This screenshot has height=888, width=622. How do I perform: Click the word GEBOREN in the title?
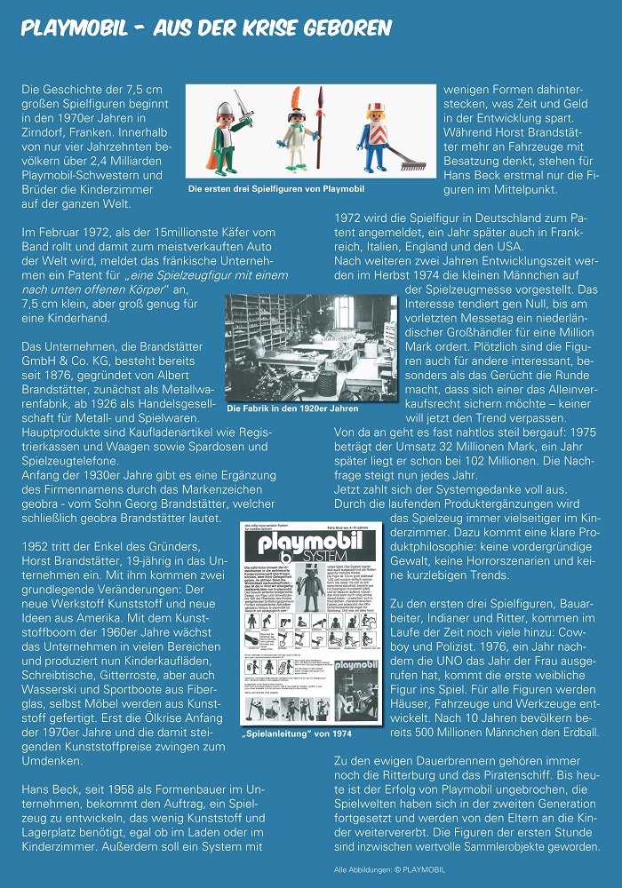tap(343, 28)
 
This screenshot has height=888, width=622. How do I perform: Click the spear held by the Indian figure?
tap(321, 133)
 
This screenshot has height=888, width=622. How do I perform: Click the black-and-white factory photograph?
tap(311, 346)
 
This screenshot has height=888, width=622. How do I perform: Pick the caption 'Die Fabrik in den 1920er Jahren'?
tap(293, 408)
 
